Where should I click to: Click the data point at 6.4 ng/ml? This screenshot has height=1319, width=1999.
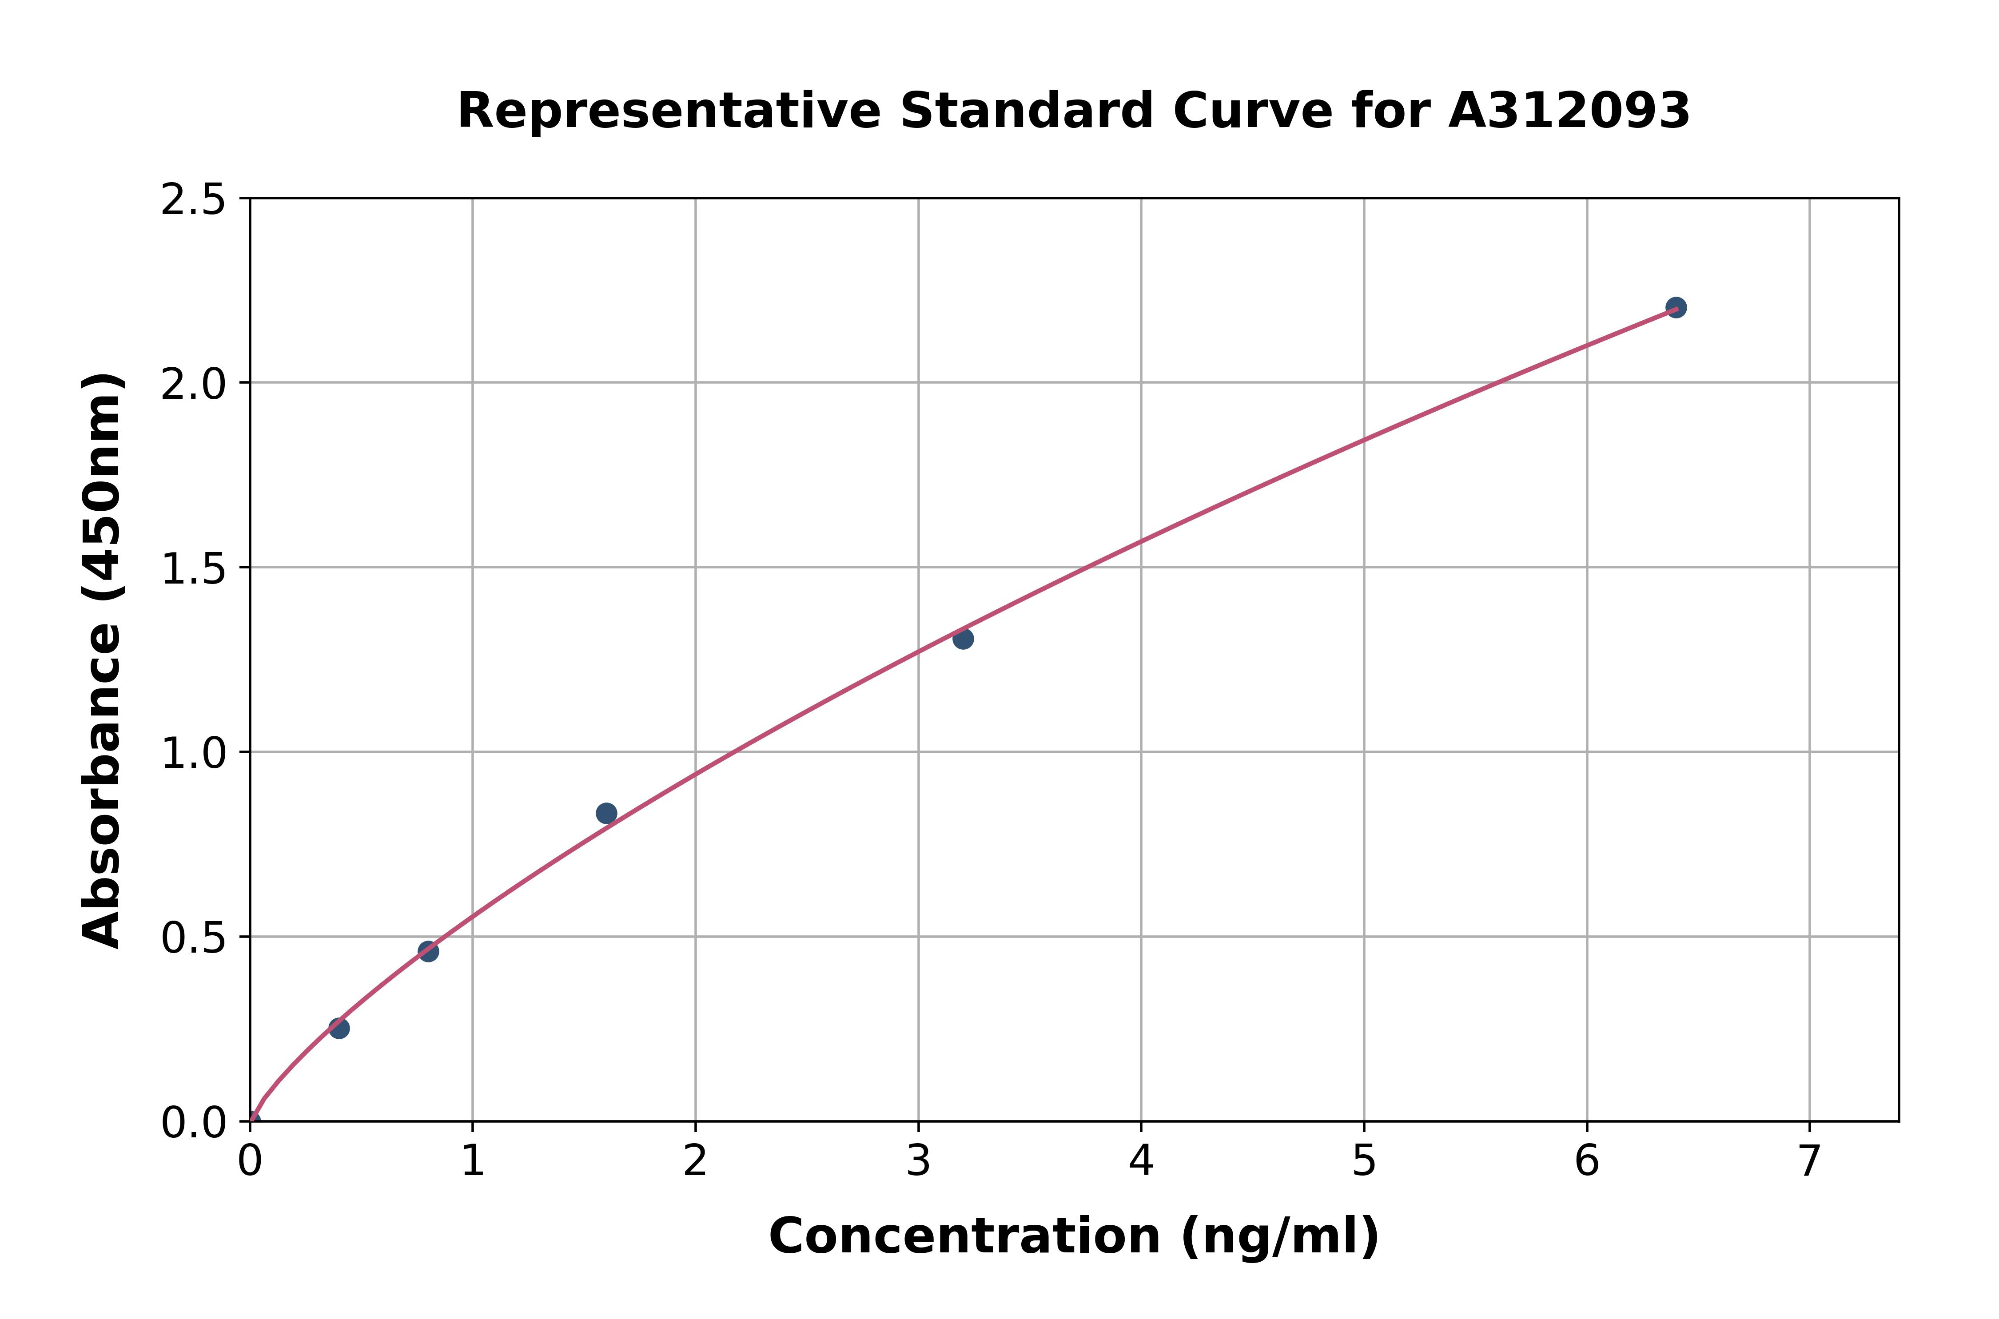coord(1675,307)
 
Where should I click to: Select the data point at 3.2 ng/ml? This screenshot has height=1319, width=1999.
coord(963,639)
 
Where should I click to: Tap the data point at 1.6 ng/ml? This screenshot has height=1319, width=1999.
coord(606,813)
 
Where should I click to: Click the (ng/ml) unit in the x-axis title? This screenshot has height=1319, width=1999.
coord(1280,1236)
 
